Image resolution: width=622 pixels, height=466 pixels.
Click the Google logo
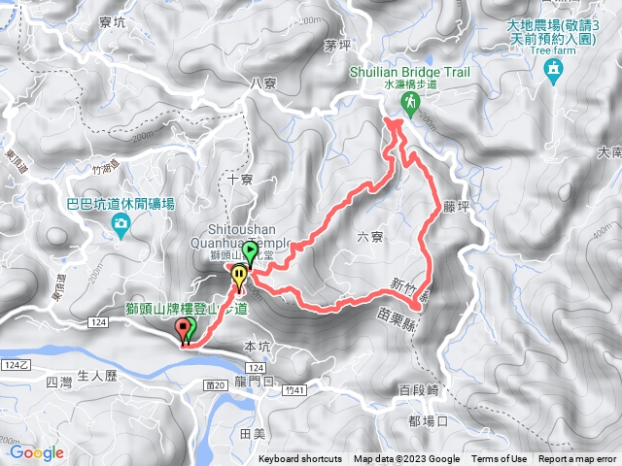coord(37,452)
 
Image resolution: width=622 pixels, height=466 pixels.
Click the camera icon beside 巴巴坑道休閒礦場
coord(120,227)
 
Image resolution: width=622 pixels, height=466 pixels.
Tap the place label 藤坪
coord(456,206)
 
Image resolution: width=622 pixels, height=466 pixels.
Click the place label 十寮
coord(240,180)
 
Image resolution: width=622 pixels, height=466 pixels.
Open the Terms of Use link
coord(500,459)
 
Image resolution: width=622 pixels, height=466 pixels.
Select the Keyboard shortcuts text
coord(299,459)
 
